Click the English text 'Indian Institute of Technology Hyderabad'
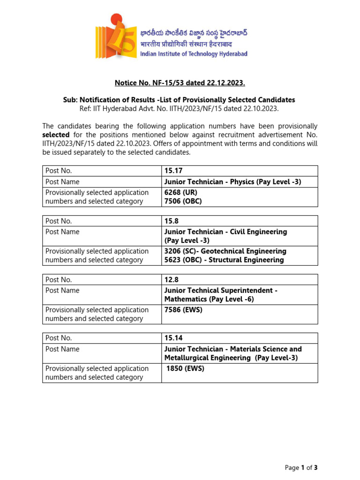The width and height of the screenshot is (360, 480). click(x=194, y=54)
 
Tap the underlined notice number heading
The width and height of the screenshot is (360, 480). click(x=180, y=83)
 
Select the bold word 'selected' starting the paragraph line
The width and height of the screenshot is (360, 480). click(x=56, y=135)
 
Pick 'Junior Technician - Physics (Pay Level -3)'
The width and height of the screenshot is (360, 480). click(x=232, y=181)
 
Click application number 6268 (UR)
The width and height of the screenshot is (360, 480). click(x=180, y=192)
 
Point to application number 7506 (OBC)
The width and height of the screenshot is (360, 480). click(x=183, y=201)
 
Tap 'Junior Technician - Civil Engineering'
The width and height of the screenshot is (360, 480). click(x=225, y=232)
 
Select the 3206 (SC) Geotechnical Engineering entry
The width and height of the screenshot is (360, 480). click(x=225, y=251)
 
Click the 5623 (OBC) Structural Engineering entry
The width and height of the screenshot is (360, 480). click(x=224, y=260)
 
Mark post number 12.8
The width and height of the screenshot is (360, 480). click(x=171, y=279)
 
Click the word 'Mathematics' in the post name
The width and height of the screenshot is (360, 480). click(x=185, y=299)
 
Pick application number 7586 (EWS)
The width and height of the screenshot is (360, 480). click(x=183, y=309)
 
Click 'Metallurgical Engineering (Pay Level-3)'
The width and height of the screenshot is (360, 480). click(x=231, y=358)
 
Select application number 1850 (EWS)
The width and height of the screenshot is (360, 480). click(x=185, y=368)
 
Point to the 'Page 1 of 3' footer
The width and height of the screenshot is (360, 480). click(x=301, y=467)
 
